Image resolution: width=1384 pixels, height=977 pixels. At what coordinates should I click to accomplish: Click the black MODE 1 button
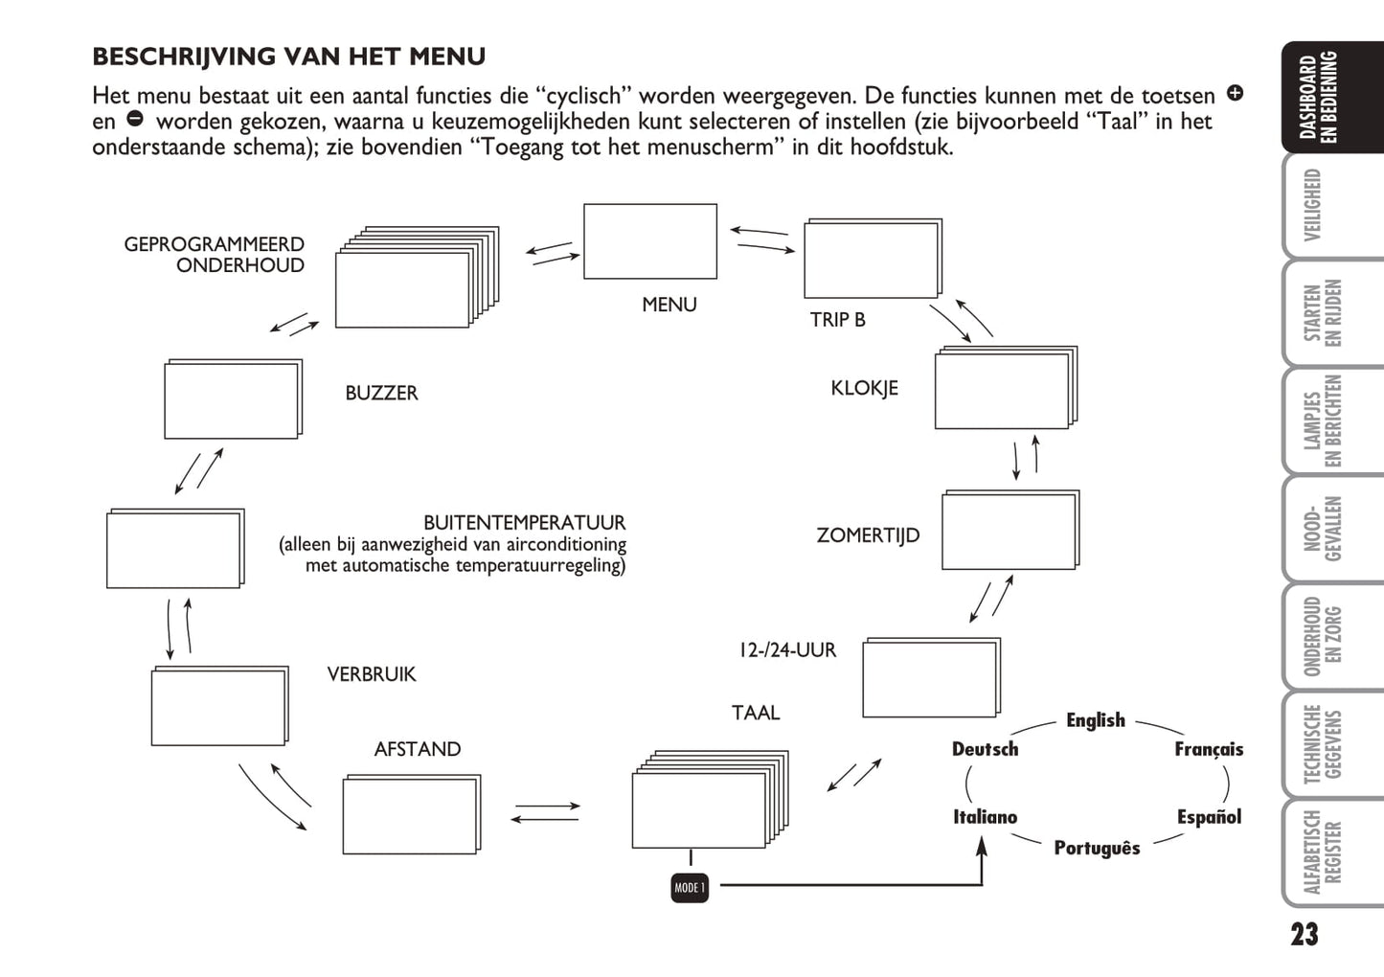[690, 888]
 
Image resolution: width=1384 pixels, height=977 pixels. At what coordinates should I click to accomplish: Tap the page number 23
[1305, 934]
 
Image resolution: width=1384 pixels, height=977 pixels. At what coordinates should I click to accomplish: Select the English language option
[1096, 720]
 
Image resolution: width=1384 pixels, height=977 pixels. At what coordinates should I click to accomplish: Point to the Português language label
[1097, 849]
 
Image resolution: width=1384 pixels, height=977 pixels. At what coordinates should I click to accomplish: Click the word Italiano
[985, 817]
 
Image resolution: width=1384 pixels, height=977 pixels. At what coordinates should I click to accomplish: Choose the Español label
[1209, 817]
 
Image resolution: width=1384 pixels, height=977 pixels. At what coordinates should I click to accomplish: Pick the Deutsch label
[985, 749]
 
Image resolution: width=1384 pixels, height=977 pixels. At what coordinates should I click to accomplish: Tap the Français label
[1209, 749]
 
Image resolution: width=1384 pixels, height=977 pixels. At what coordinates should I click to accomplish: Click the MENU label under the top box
[669, 305]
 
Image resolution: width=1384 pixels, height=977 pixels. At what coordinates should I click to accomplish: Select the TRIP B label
[837, 320]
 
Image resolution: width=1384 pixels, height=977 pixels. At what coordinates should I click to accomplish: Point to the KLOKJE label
[864, 388]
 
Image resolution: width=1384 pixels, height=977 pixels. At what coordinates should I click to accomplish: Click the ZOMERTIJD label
[868, 535]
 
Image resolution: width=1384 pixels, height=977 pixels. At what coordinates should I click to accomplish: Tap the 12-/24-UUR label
[787, 650]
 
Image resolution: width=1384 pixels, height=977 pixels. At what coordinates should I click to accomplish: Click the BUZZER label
[381, 393]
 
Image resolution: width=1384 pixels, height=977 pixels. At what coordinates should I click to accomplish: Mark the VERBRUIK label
[372, 674]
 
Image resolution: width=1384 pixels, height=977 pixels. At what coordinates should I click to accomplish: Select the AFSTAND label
[418, 749]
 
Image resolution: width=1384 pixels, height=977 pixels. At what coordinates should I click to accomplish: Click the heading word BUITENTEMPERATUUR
[524, 523]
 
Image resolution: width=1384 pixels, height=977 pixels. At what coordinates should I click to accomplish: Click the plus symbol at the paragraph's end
[1236, 93]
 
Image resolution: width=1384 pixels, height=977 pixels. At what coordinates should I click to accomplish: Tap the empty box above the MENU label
[650, 241]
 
